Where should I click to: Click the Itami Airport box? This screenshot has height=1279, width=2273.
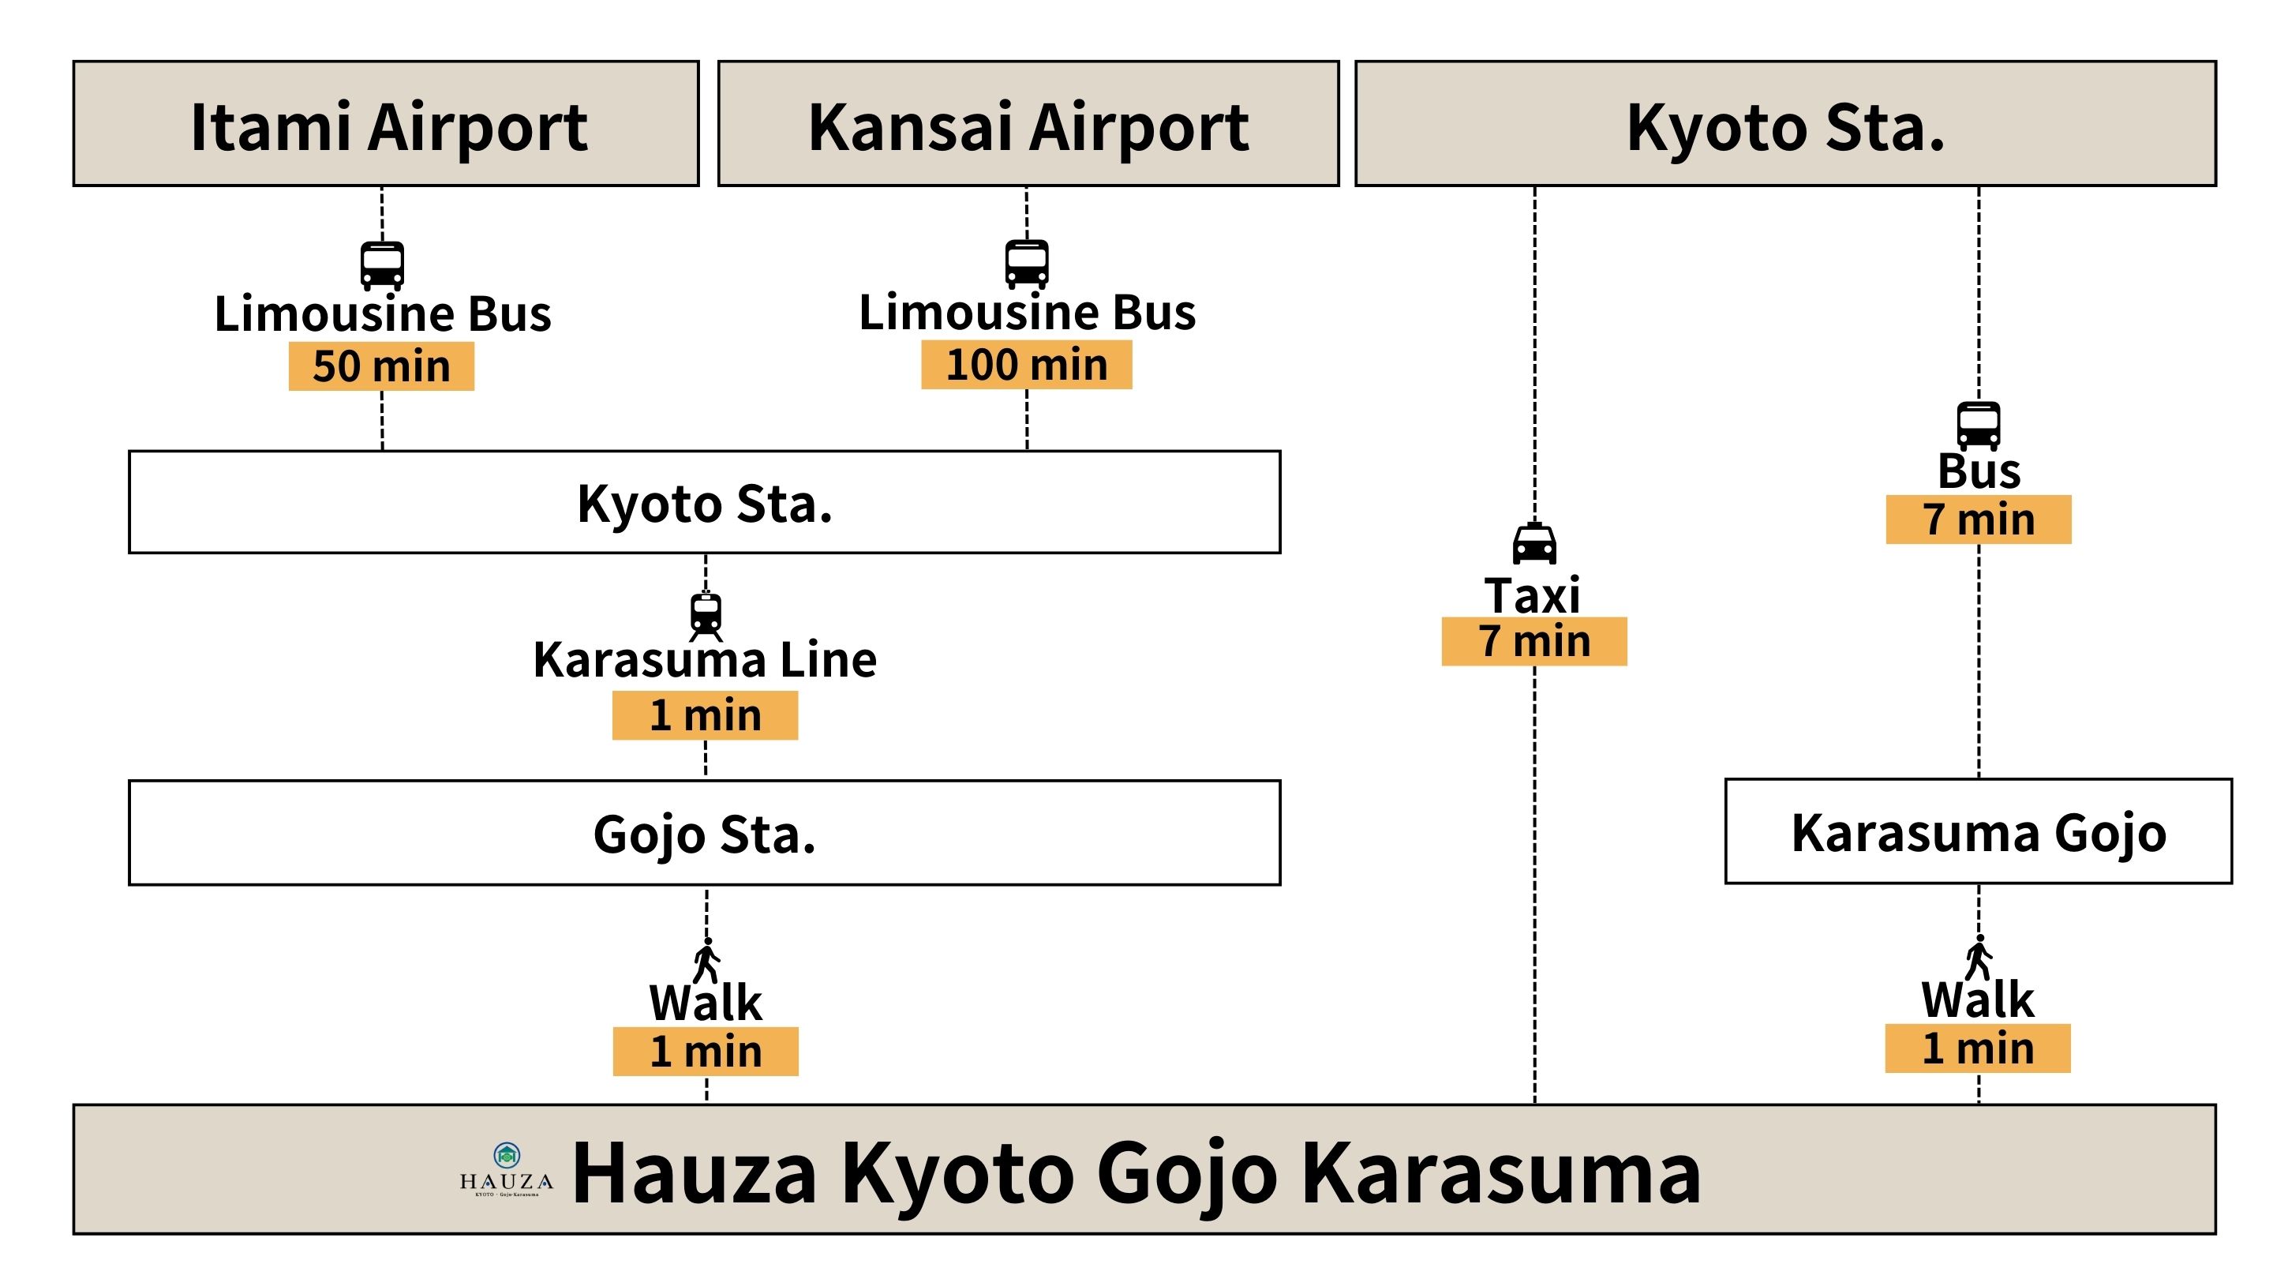point(386,124)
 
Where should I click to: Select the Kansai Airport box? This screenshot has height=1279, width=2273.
point(1028,124)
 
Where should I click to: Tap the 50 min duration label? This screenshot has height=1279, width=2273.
point(381,366)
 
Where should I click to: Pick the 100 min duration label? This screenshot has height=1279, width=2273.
point(1026,365)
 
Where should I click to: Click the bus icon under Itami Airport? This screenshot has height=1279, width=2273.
point(382,264)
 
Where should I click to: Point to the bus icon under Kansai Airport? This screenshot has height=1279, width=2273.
point(1027,263)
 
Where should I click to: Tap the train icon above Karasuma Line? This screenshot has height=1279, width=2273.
point(706,614)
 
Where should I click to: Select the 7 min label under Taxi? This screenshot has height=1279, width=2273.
point(1533,641)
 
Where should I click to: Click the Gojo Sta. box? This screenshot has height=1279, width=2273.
point(704,832)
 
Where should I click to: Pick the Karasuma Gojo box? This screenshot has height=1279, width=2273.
point(1979,831)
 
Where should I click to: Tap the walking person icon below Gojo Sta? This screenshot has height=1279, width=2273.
point(707,959)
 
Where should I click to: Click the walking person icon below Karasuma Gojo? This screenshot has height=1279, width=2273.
point(1979,957)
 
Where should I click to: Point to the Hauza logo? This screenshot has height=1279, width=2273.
point(507,1169)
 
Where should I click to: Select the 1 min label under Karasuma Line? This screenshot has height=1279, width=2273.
point(705,715)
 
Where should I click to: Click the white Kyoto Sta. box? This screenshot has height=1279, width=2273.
point(704,502)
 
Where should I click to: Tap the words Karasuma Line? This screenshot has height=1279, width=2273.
point(705,660)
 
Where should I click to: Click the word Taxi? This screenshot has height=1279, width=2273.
point(1533,595)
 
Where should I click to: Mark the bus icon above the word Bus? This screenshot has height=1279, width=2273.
point(1979,426)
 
